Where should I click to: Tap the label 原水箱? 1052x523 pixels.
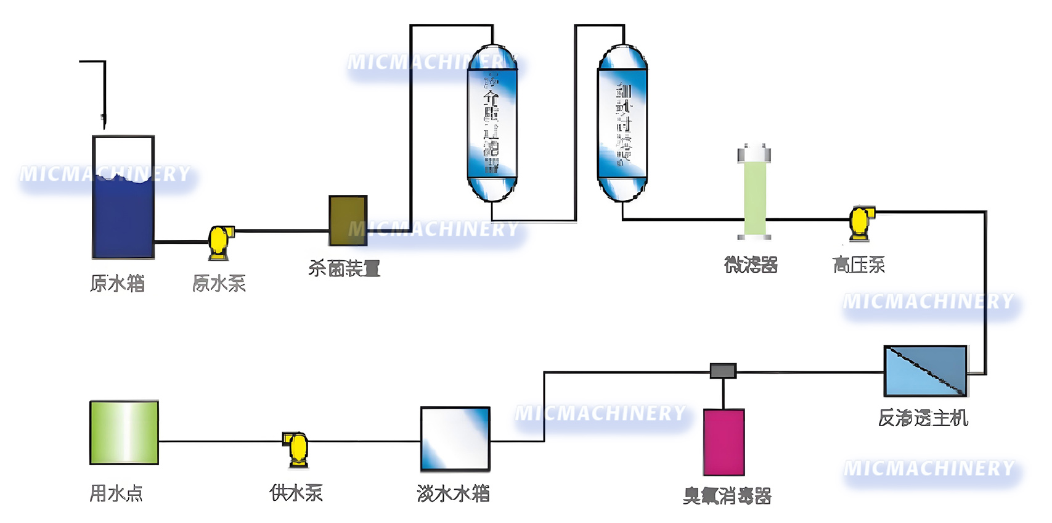[117, 284]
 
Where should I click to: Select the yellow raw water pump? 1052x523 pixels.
[219, 241]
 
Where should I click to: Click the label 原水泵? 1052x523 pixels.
[219, 284]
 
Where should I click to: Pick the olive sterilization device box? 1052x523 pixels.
[348, 220]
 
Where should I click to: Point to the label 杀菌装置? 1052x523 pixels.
[344, 268]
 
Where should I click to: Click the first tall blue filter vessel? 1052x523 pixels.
[492, 123]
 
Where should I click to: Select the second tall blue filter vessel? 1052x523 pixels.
[622, 123]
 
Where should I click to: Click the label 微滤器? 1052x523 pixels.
[751, 265]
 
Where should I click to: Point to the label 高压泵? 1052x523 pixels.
[858, 265]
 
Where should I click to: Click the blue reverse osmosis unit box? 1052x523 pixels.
[925, 371]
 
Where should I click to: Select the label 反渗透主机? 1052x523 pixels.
[923, 418]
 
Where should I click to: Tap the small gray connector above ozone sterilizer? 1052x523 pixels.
[723, 371]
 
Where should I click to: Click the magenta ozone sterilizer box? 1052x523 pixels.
[724, 442]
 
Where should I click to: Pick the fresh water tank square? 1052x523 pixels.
[455, 439]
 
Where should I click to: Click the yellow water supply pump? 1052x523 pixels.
[297, 447]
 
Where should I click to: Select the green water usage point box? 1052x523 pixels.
[124, 432]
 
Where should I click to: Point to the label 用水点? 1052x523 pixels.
[116, 493]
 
